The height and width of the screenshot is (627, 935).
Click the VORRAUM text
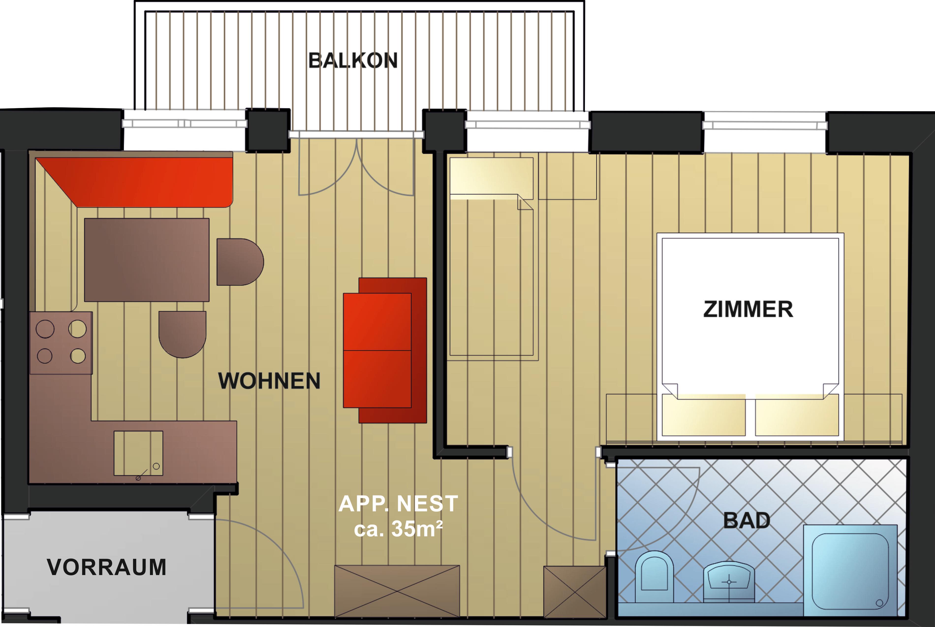coord(106,567)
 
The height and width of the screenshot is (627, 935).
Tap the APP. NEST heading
coord(398,504)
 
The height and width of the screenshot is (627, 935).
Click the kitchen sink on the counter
coord(138,453)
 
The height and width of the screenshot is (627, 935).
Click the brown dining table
coord(147,260)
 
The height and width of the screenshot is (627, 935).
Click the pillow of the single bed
coord(492,178)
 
